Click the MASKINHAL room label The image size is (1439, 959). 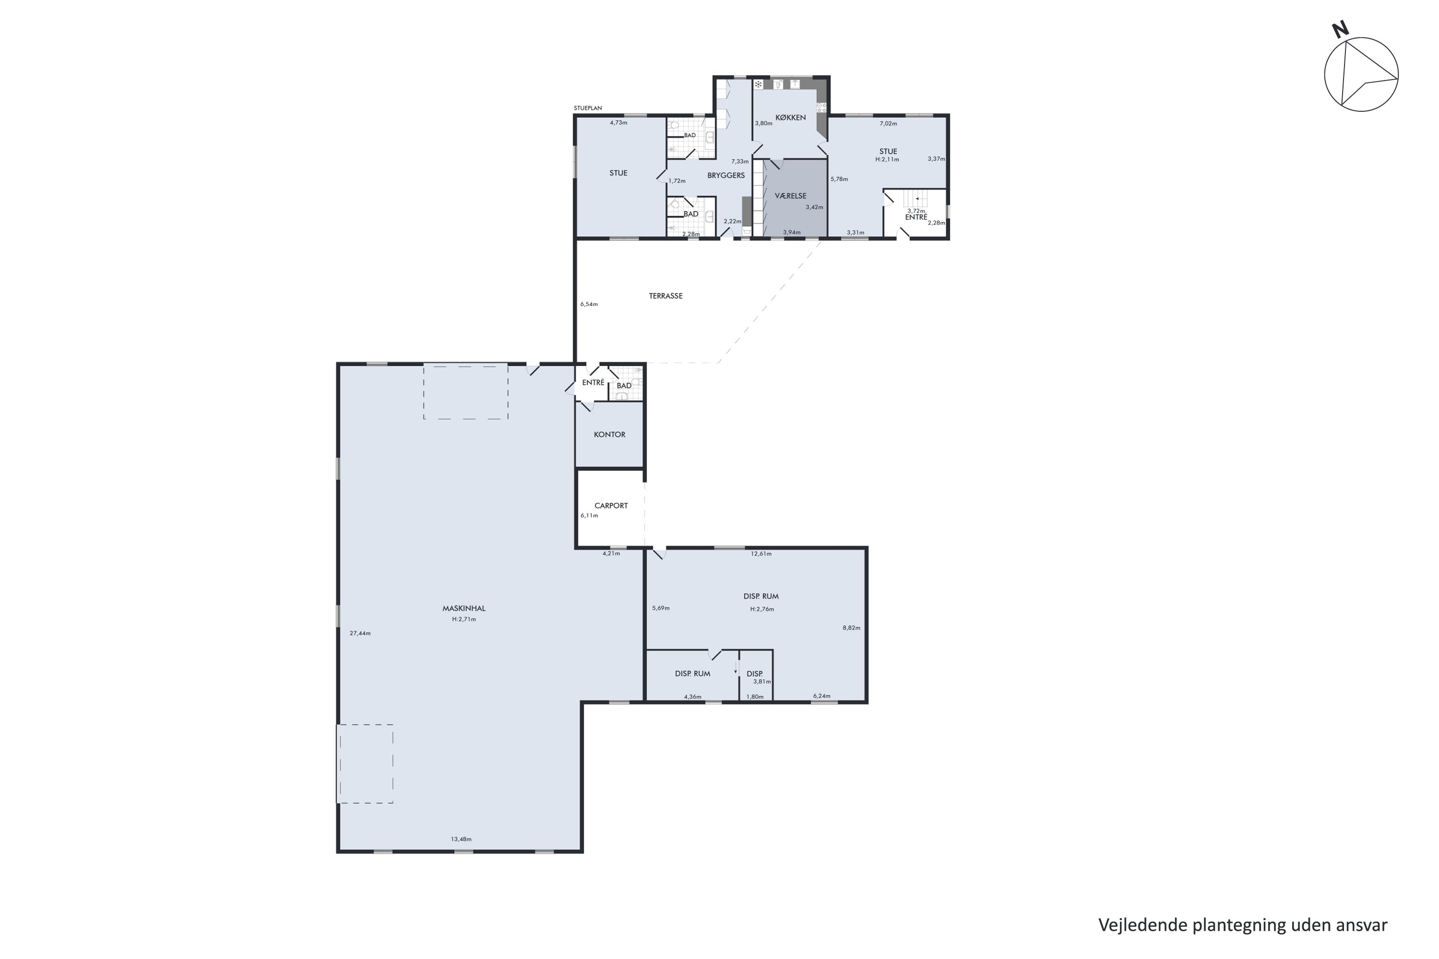coord(464,608)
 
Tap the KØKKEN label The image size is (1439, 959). coord(790,117)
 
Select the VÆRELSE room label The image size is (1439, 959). coord(790,196)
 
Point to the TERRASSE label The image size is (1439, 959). coord(666,296)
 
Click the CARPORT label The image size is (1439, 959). coord(611,506)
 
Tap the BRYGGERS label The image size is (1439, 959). coord(726,175)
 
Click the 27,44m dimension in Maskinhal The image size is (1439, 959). coord(360,633)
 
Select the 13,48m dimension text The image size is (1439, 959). coord(461,839)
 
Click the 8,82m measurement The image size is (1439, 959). coord(852,628)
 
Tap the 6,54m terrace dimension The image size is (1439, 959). coord(589,304)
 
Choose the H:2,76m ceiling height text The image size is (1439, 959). coord(762,609)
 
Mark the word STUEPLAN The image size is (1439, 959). coord(588,108)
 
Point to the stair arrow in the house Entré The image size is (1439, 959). coord(917,199)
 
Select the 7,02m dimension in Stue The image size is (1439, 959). coord(888,124)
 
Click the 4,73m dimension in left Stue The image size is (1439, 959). coord(619,122)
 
